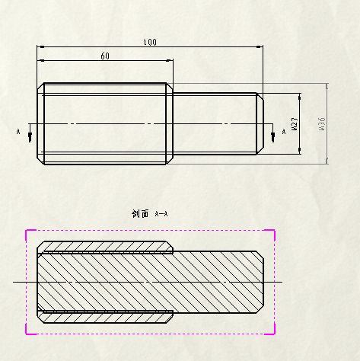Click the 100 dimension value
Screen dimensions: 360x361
pyautogui.click(x=150, y=43)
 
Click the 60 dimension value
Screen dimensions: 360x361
pyautogui.click(x=105, y=56)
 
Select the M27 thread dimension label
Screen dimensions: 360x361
pyautogui.click(x=295, y=124)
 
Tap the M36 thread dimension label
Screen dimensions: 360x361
pyautogui.click(x=322, y=124)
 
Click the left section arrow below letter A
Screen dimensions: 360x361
pyautogui.click(x=30, y=133)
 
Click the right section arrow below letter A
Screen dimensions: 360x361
pyautogui.click(x=273, y=133)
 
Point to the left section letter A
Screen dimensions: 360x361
pyautogui.click(x=18, y=132)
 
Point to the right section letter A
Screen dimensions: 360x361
pyautogui.click(x=284, y=132)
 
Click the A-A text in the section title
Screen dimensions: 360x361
pyautogui.click(x=161, y=214)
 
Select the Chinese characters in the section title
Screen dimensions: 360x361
pyautogui.click(x=140, y=214)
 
